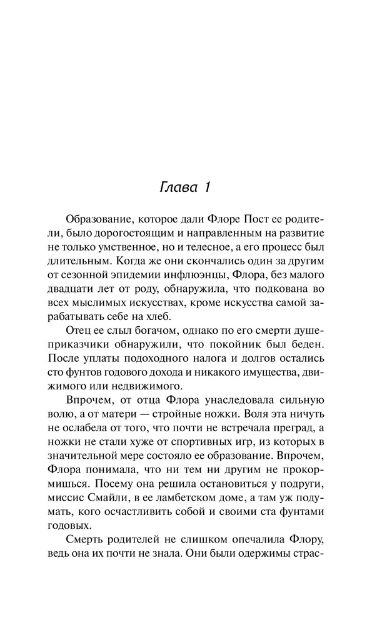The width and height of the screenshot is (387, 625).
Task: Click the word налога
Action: tap(208, 382)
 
